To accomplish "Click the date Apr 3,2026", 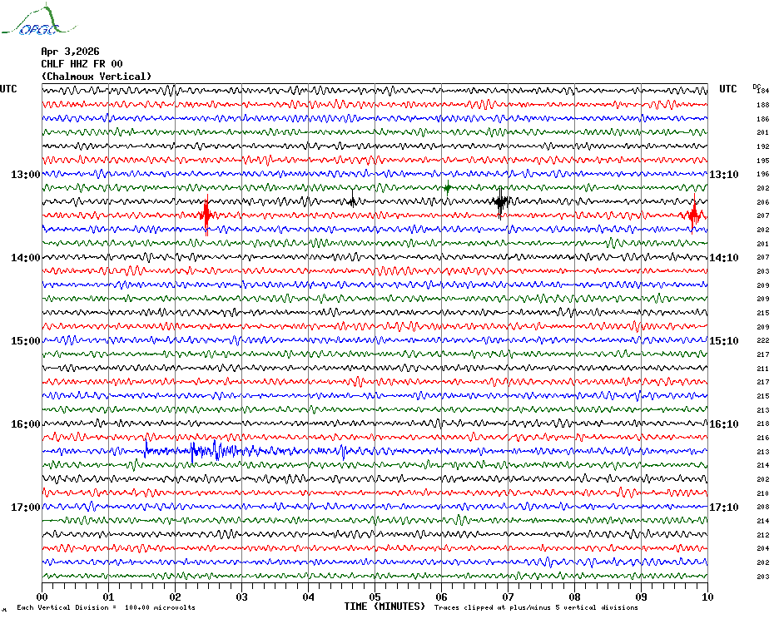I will [x=70, y=52].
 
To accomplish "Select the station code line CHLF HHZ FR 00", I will [x=82, y=64].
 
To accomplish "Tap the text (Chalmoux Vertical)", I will [x=97, y=77].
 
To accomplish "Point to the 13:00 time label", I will [x=25, y=175].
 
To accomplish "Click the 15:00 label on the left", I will [x=25, y=341].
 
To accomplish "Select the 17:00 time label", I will [x=25, y=508].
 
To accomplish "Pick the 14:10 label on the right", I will [x=723, y=258].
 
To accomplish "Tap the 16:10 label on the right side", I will [x=723, y=424].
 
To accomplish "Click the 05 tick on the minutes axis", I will [x=375, y=597].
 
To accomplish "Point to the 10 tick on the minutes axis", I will [x=707, y=597].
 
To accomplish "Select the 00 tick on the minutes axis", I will [x=42, y=597].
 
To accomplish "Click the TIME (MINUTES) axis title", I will [x=385, y=607].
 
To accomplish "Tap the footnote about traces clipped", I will [x=536, y=607].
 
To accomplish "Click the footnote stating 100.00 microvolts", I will [x=106, y=607].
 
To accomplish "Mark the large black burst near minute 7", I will [x=500, y=201].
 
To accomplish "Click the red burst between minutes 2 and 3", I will [x=206, y=215].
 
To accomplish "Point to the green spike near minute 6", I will [x=448, y=187].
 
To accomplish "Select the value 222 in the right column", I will [x=762, y=341].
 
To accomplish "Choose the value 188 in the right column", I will [x=762, y=105].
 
